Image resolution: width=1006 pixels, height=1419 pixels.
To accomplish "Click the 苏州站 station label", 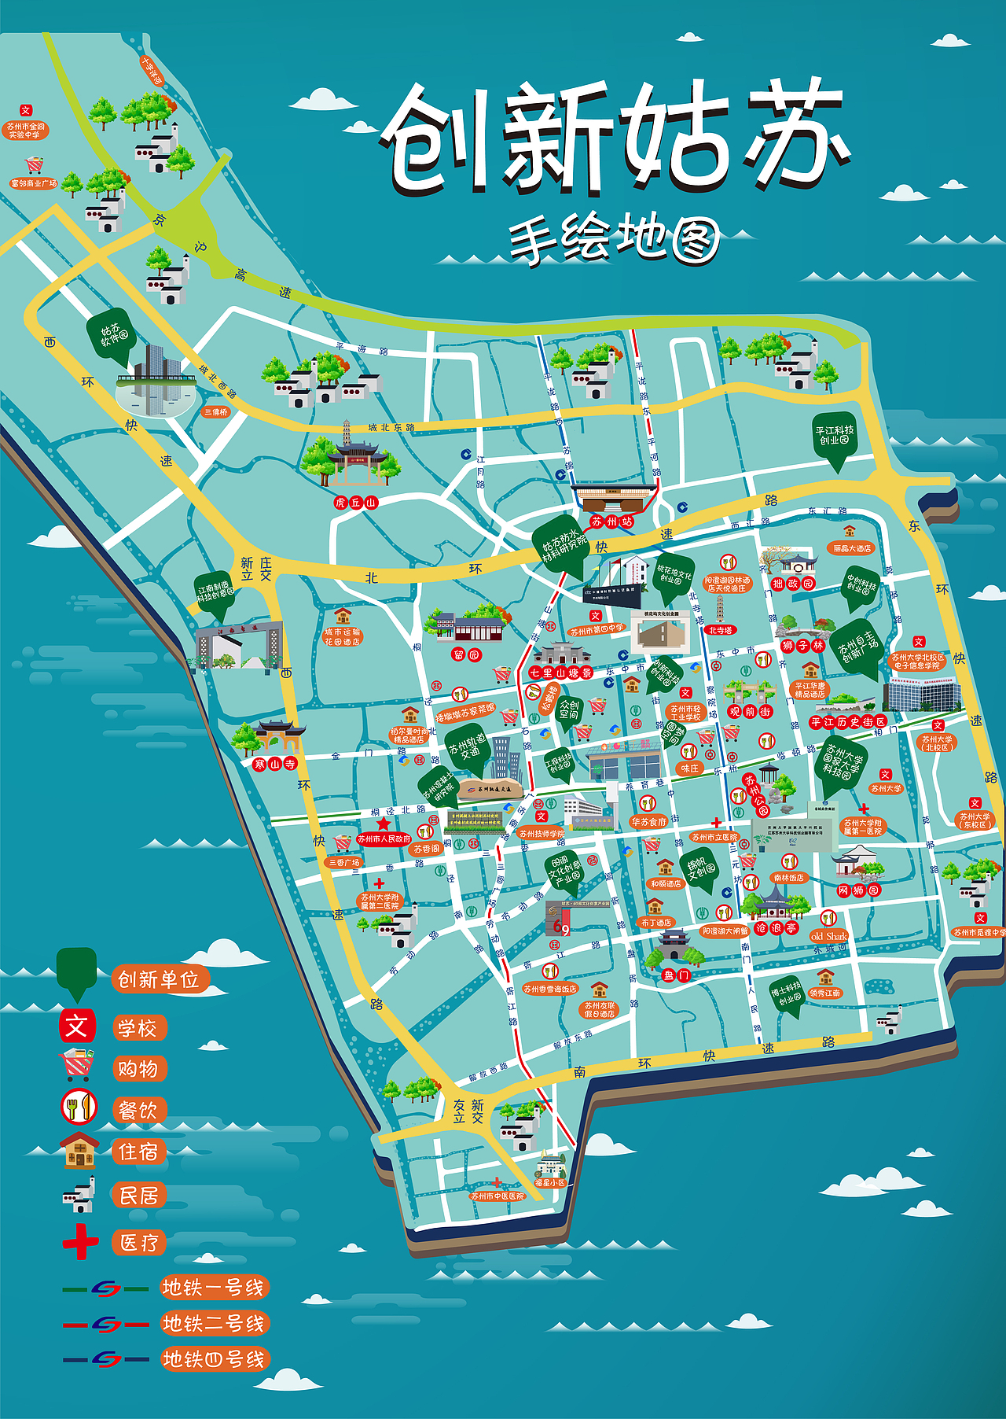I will [x=611, y=522].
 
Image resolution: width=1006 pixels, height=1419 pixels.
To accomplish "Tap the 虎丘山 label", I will [x=356, y=502].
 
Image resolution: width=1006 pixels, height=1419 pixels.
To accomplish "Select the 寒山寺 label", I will [x=275, y=763].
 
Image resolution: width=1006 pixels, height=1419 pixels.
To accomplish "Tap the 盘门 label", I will [x=676, y=975].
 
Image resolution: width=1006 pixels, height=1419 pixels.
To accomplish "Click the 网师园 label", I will [x=858, y=890].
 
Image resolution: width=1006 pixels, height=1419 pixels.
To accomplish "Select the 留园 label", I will [x=466, y=654].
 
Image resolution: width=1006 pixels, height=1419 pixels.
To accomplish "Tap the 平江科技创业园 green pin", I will [x=834, y=437].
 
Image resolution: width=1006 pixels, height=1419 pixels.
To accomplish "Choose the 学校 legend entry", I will [x=138, y=1028].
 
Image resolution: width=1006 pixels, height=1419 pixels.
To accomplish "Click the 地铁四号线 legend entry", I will [x=214, y=1358].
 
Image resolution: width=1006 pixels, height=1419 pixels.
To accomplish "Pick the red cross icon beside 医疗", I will [x=80, y=1242].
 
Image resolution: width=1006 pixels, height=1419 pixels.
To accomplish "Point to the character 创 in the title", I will [x=432, y=142].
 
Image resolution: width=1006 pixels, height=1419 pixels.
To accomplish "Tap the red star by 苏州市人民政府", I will [x=383, y=824].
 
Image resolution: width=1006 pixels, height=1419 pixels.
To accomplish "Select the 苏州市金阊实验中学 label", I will [x=26, y=131].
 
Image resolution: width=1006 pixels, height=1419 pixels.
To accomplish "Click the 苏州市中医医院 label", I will [x=497, y=1196].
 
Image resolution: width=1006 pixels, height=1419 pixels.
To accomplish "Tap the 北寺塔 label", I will [x=720, y=629].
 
